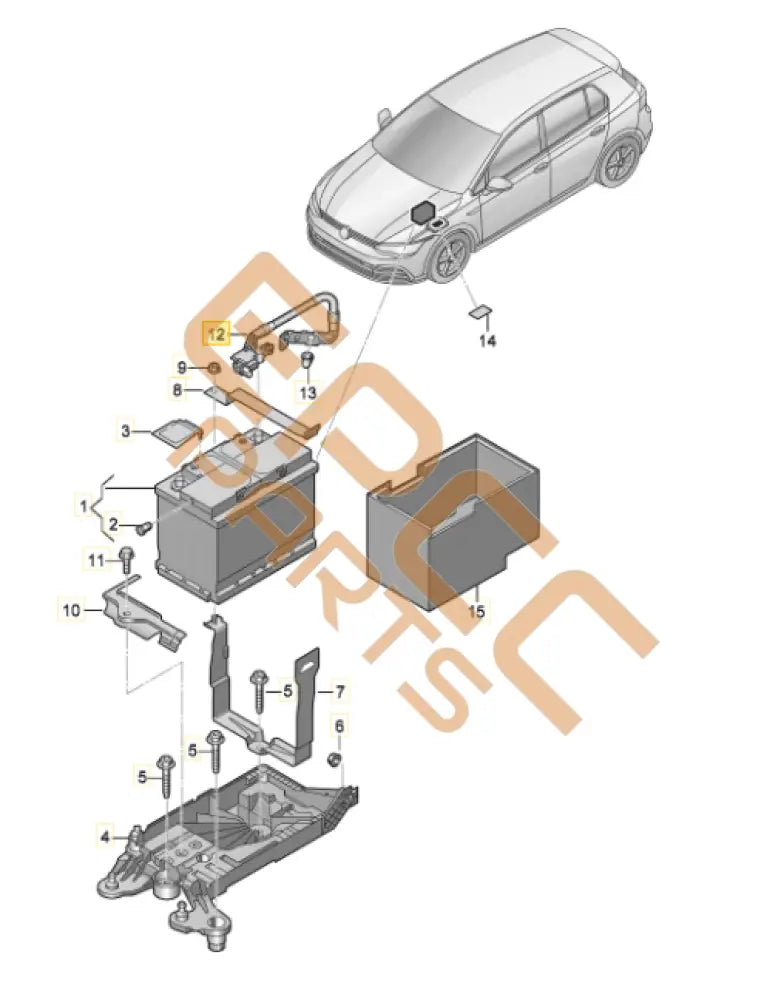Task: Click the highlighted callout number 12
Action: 215,334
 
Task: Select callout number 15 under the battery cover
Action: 476,610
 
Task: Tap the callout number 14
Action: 486,342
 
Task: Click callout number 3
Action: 126,431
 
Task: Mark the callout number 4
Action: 104,832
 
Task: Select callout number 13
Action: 307,393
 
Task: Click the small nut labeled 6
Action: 337,764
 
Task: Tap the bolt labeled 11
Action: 126,555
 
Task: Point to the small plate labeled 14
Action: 480,312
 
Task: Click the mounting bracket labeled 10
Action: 140,612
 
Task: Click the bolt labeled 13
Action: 309,361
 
